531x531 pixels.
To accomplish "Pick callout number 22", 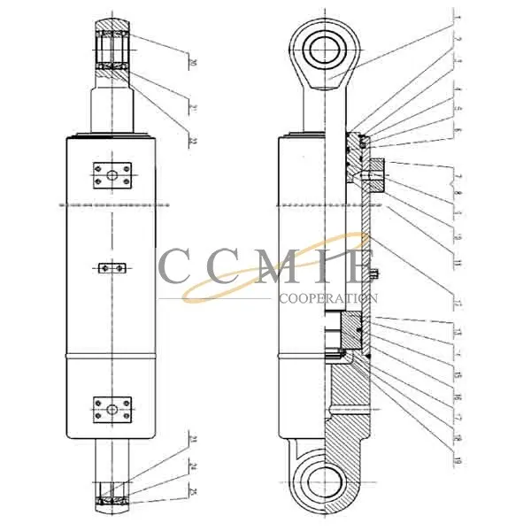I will pos(192,141).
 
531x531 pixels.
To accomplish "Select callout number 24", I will pos(192,466).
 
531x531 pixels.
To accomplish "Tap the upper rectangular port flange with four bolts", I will pos(112,175).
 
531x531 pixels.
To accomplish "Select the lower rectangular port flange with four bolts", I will pos(112,410).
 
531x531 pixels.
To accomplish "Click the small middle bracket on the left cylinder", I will pos(112,266).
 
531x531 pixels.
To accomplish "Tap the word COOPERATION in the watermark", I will pos(327,299).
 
